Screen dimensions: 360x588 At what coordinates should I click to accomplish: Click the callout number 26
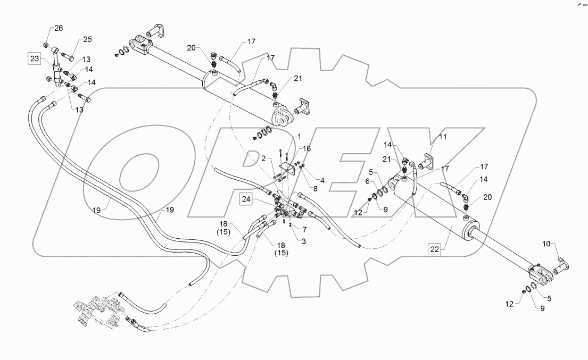pyautogui.click(x=59, y=28)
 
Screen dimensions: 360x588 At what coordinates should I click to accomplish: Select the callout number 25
pyautogui.click(x=87, y=39)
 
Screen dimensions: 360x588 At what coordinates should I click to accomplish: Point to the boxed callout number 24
pyautogui.click(x=246, y=200)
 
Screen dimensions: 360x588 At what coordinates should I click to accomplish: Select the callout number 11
pyautogui.click(x=442, y=137)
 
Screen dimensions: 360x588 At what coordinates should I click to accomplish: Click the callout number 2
pyautogui.click(x=263, y=158)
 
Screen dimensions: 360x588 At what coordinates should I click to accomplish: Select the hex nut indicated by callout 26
pyautogui.click(x=46, y=45)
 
